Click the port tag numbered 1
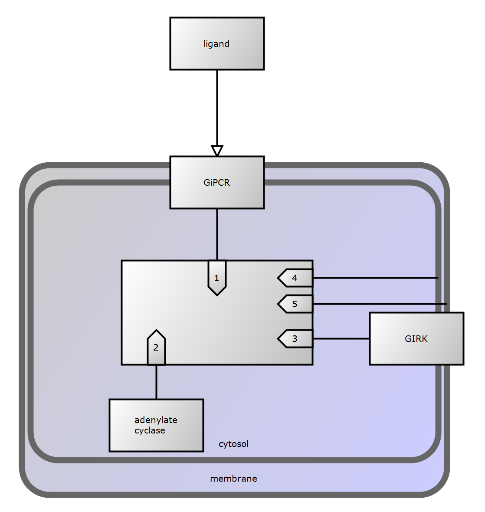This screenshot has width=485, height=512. pos(217,278)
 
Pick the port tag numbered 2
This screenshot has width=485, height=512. pos(156,348)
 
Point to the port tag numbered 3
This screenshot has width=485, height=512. pos(295,339)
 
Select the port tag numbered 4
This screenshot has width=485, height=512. pos(295,278)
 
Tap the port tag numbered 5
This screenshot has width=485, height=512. pos(295,304)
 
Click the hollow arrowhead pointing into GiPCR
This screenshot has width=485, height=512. pos(217,151)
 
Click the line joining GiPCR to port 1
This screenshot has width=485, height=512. pos(217,234)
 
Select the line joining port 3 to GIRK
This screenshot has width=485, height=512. pos(341,338)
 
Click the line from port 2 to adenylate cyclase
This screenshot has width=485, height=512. pos(156,382)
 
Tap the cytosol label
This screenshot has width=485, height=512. pos(233,444)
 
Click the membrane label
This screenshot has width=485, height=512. pos(233,479)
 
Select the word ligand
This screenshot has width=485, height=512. pos(216,44)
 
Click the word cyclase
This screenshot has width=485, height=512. pos(150,431)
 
